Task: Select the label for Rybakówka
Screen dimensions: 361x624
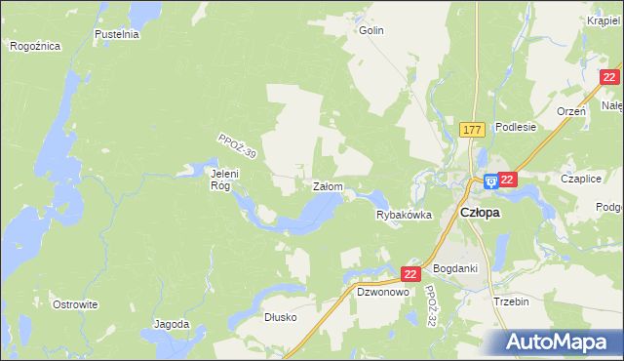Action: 404,216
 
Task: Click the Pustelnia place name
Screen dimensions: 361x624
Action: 117,34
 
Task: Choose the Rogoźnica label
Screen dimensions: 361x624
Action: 35,46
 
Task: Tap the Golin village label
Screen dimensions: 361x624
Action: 370,30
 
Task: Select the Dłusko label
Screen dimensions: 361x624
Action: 280,317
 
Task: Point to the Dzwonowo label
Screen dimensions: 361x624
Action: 380,292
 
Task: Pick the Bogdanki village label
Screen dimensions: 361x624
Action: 454,268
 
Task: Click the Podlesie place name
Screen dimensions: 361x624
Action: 516,127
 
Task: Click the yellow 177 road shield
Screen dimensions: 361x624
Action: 473,130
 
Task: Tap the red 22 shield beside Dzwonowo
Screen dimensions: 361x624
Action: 410,275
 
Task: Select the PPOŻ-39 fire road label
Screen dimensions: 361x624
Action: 237,147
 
